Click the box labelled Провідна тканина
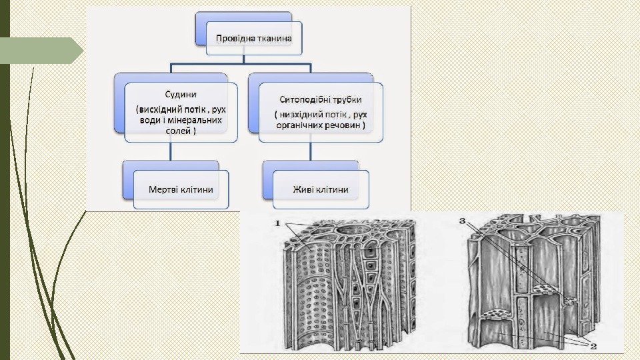pyautogui.click(x=253, y=39)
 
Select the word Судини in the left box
pyautogui.click(x=180, y=95)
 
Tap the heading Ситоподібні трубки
pyautogui.click(x=321, y=99)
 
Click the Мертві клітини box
pyautogui.click(x=181, y=189)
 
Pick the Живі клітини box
pyautogui.click(x=321, y=189)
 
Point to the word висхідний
pyautogui.click(x=163, y=108)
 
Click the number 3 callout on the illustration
pyautogui.click(x=463, y=221)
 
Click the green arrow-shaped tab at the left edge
pyautogui.click(x=40, y=51)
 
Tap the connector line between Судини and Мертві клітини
pyautogui.click(x=172, y=151)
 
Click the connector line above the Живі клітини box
pyautogui.click(x=311, y=151)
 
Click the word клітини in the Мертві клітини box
pyautogui.click(x=196, y=189)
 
